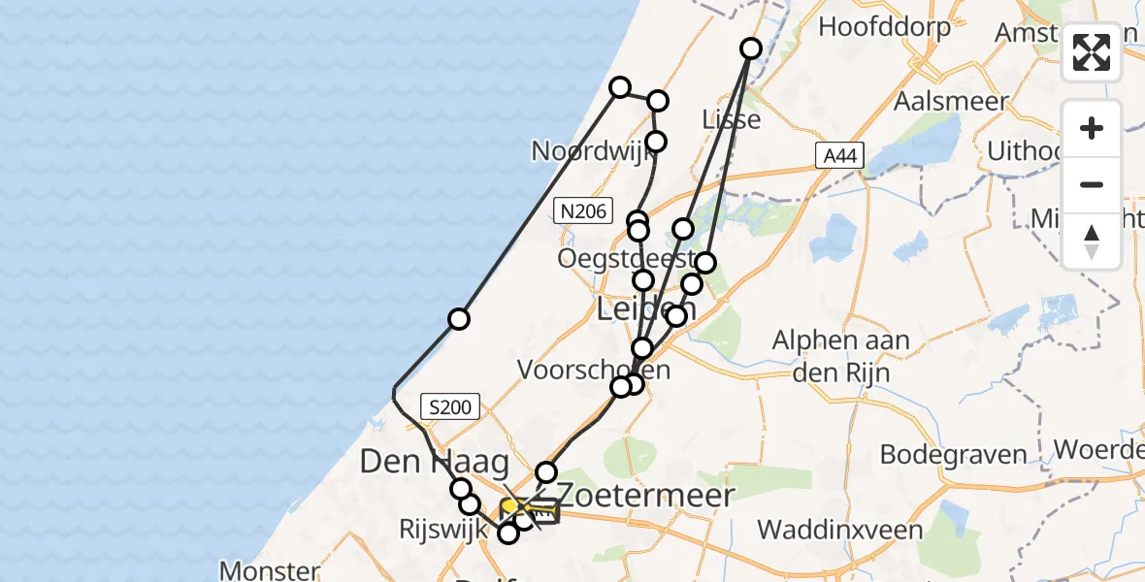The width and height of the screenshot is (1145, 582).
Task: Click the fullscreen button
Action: coord(1092,52)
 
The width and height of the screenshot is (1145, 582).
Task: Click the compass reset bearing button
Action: coord(1092,242)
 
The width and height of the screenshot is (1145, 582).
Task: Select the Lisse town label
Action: coord(730,119)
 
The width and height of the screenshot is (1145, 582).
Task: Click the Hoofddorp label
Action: coord(884,26)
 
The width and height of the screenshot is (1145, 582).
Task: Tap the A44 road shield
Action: coord(839,154)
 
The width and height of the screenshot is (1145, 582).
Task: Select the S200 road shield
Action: coord(449,407)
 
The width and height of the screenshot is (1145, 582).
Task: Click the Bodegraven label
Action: coord(953,454)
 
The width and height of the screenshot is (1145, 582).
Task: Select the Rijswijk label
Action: coord(436,530)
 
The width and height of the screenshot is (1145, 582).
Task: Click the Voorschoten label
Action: coord(593,370)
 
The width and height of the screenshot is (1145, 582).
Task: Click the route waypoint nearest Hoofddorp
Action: coord(751,48)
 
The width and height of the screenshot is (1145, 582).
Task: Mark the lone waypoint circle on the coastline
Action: coord(459,319)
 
